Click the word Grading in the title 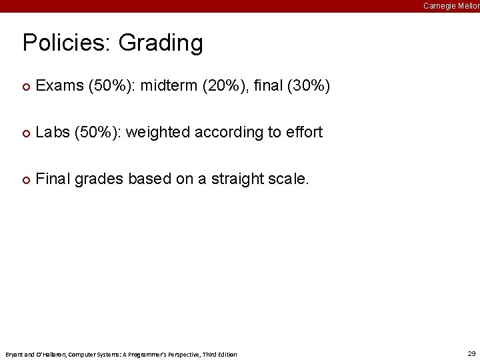pyautogui.click(x=161, y=43)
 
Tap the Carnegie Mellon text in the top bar pyautogui.click(x=451, y=5)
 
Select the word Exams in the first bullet pyautogui.click(x=59, y=86)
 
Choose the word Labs pyautogui.click(x=52, y=133)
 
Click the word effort pyautogui.click(x=304, y=133)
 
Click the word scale pyautogui.click(x=287, y=179)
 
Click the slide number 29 pyautogui.click(x=471, y=353)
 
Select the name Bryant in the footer pyautogui.click(x=14, y=354)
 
